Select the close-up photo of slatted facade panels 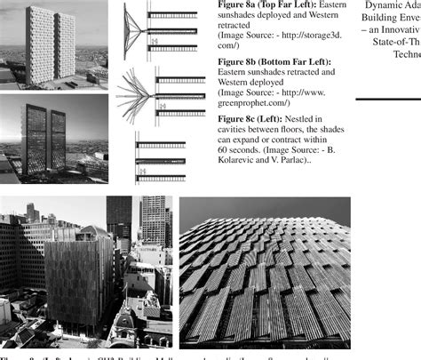pos(265,271)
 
